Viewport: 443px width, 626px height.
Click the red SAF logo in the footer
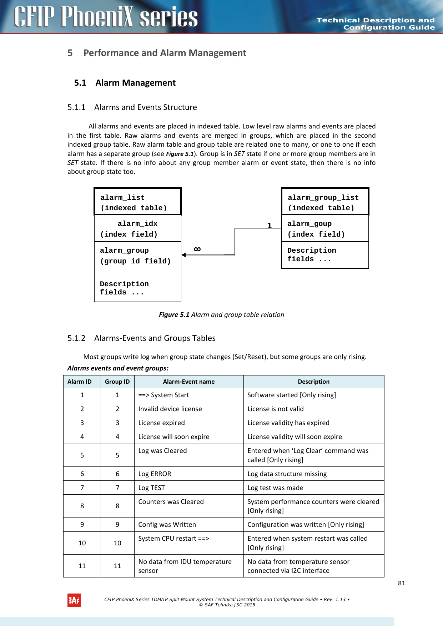tap(74, 600)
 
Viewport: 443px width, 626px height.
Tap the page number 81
tap(402, 583)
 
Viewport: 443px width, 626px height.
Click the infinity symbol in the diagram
tap(197, 249)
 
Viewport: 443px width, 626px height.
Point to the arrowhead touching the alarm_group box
tap(183, 255)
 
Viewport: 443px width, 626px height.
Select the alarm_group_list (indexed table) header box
tap(325, 202)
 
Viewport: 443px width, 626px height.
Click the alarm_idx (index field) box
tap(137, 229)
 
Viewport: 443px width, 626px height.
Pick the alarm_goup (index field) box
tap(325, 229)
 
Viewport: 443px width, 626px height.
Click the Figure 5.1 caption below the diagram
tap(221, 315)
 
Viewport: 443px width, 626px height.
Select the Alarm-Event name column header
tap(189, 382)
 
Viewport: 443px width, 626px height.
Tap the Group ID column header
tap(117, 382)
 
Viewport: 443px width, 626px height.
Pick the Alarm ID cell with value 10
tap(82, 543)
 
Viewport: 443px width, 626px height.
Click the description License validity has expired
tap(288, 423)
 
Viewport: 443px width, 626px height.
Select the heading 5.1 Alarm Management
tap(125, 83)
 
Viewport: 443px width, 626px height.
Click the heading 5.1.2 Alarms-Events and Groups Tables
tap(142, 338)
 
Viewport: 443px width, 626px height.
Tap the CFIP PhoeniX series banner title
tap(106, 17)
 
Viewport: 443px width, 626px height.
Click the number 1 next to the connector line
tap(270, 226)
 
